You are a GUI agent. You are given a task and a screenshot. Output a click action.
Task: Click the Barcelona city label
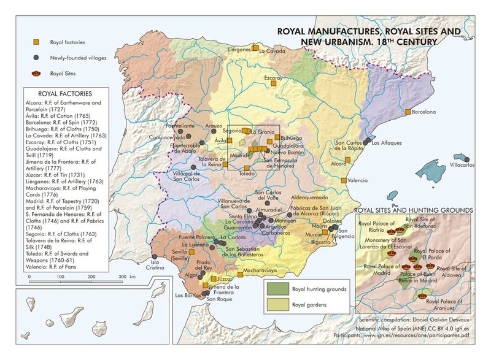[x=423, y=112]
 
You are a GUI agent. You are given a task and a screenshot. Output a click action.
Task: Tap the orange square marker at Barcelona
[x=408, y=112]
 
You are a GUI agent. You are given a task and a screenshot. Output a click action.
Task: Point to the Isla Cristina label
[x=155, y=267]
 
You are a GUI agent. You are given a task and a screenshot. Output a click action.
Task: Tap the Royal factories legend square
[x=37, y=42]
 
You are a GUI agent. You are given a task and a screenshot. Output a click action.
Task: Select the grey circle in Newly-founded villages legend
[x=37, y=57]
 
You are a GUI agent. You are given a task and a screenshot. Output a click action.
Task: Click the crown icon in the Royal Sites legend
[x=37, y=72]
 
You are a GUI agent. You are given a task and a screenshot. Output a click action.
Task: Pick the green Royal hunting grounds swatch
[x=277, y=288]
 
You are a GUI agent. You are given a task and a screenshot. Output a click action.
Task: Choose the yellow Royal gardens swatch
[x=277, y=304]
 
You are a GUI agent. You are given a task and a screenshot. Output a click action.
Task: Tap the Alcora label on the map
[x=339, y=164]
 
